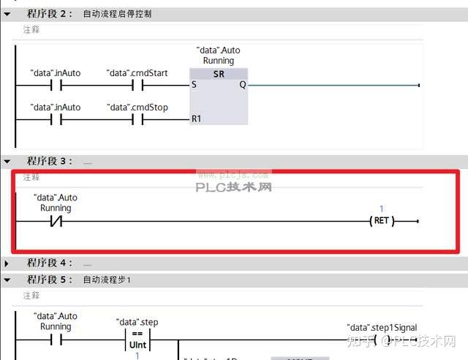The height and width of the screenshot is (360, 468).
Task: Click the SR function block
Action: [219, 95]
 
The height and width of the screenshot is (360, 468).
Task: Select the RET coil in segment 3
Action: [381, 221]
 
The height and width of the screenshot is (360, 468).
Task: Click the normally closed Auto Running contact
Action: [56, 221]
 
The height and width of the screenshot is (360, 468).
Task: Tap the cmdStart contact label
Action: [137, 73]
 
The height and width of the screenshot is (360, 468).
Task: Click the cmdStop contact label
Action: [137, 108]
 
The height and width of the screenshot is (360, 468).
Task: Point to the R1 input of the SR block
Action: [196, 119]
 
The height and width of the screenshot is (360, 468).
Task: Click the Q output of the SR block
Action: [242, 85]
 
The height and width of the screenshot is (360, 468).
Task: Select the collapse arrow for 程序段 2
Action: [7, 14]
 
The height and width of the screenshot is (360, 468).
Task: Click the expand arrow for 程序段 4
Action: [7, 263]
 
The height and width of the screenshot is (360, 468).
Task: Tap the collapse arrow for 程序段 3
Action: [7, 161]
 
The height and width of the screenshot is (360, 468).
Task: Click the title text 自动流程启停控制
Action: [117, 14]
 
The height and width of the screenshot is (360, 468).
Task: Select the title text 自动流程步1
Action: [107, 280]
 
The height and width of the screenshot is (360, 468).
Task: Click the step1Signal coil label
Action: [381, 328]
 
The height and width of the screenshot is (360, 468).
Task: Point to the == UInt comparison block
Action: [137, 339]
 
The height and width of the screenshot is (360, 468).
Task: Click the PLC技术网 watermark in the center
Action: [233, 187]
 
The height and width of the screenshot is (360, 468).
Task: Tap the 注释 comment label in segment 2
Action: [31, 30]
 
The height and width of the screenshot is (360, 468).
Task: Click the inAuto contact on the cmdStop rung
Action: [56, 119]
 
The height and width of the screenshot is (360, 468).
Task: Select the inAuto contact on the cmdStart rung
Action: [56, 85]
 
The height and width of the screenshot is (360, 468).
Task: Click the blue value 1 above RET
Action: [381, 209]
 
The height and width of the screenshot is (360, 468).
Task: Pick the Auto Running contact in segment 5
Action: [56, 340]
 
